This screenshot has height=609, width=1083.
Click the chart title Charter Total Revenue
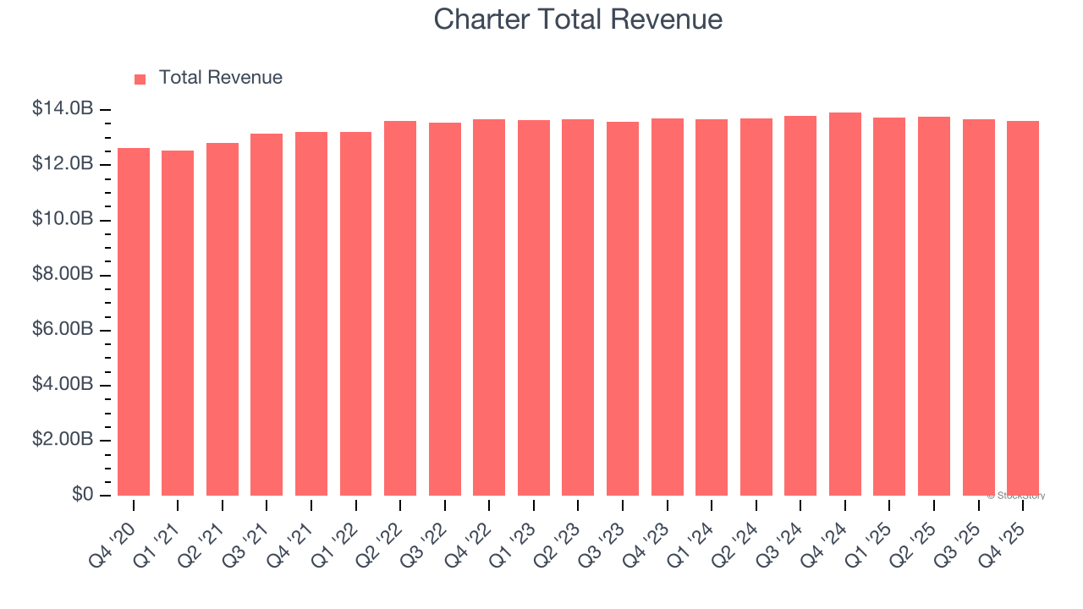578,19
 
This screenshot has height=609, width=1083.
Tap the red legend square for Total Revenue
140,79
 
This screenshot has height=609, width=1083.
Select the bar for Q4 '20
134,321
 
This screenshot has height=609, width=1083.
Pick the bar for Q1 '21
178,323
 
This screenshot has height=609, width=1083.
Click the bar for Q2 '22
400,308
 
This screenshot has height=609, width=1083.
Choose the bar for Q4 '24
844,304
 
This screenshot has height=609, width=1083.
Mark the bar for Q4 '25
1022,308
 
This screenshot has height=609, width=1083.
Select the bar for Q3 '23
623,309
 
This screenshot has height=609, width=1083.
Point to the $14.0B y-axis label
63,109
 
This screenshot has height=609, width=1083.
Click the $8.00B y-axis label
63,275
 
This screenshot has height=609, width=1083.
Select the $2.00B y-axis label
63,440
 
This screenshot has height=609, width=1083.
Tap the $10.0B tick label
63,219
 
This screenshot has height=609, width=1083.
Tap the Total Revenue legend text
220,78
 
